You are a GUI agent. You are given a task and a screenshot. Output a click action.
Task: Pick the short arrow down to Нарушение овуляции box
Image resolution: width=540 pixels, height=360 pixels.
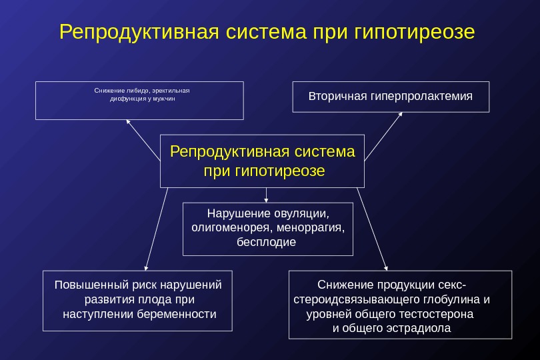coord(267,195)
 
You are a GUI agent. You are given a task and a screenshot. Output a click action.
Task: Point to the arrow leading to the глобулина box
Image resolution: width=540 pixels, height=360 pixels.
coord(371,227)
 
